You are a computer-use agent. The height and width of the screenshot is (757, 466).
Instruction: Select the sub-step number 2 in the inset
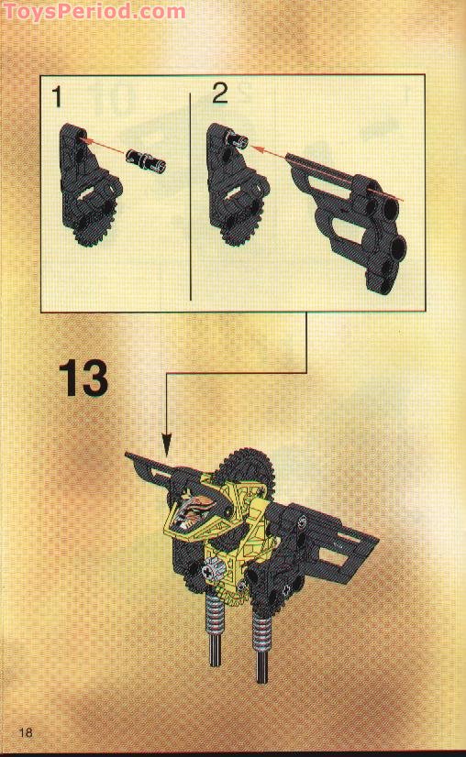[x=220, y=93]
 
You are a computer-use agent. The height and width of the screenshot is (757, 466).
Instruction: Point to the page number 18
[x=25, y=731]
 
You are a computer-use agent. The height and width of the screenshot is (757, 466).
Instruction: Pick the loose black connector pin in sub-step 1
[x=147, y=160]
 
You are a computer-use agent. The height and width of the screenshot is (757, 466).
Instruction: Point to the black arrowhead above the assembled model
[x=166, y=449]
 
